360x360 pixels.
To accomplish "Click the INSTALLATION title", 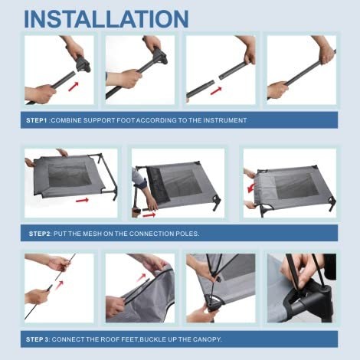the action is click(106, 19).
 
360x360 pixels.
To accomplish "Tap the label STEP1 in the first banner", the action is click(37, 120).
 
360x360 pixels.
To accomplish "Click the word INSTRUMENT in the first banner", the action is click(225, 120).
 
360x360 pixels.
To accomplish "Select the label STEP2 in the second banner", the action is click(40, 234).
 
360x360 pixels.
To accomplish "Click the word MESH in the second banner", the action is click(92, 234).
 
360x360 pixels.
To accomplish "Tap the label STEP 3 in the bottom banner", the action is click(38, 339).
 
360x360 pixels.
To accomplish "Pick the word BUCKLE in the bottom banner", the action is click(152, 339).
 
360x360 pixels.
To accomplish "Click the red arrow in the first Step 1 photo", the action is click(74, 87).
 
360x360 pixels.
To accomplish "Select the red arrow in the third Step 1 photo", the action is click(216, 90).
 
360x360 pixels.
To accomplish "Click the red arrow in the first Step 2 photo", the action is click(83, 200).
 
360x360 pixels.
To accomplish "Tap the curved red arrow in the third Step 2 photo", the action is click(251, 188).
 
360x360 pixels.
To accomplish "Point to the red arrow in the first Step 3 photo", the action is click(59, 284).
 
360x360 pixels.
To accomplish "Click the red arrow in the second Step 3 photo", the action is click(141, 277).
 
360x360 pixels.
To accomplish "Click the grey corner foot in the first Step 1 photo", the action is click(82, 64).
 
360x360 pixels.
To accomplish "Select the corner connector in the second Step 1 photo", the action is click(159, 56).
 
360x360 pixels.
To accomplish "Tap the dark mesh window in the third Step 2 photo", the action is click(296, 185).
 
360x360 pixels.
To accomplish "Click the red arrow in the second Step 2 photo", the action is click(149, 215).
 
